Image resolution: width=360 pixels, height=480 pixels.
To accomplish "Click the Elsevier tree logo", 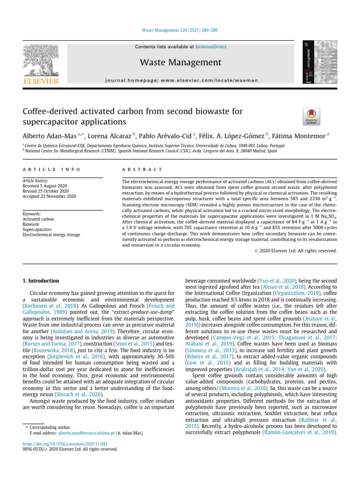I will [41, 62].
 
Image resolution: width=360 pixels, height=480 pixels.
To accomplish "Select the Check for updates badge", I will [311, 116].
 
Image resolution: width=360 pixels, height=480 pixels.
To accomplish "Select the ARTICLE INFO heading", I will [52, 169].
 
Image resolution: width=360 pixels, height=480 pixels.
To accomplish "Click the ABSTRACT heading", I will [142, 169].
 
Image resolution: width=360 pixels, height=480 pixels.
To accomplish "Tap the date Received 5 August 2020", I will [45, 186].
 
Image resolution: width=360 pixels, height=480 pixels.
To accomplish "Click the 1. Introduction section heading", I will [41, 281].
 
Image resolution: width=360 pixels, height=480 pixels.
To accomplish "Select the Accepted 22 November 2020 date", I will [49, 196].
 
